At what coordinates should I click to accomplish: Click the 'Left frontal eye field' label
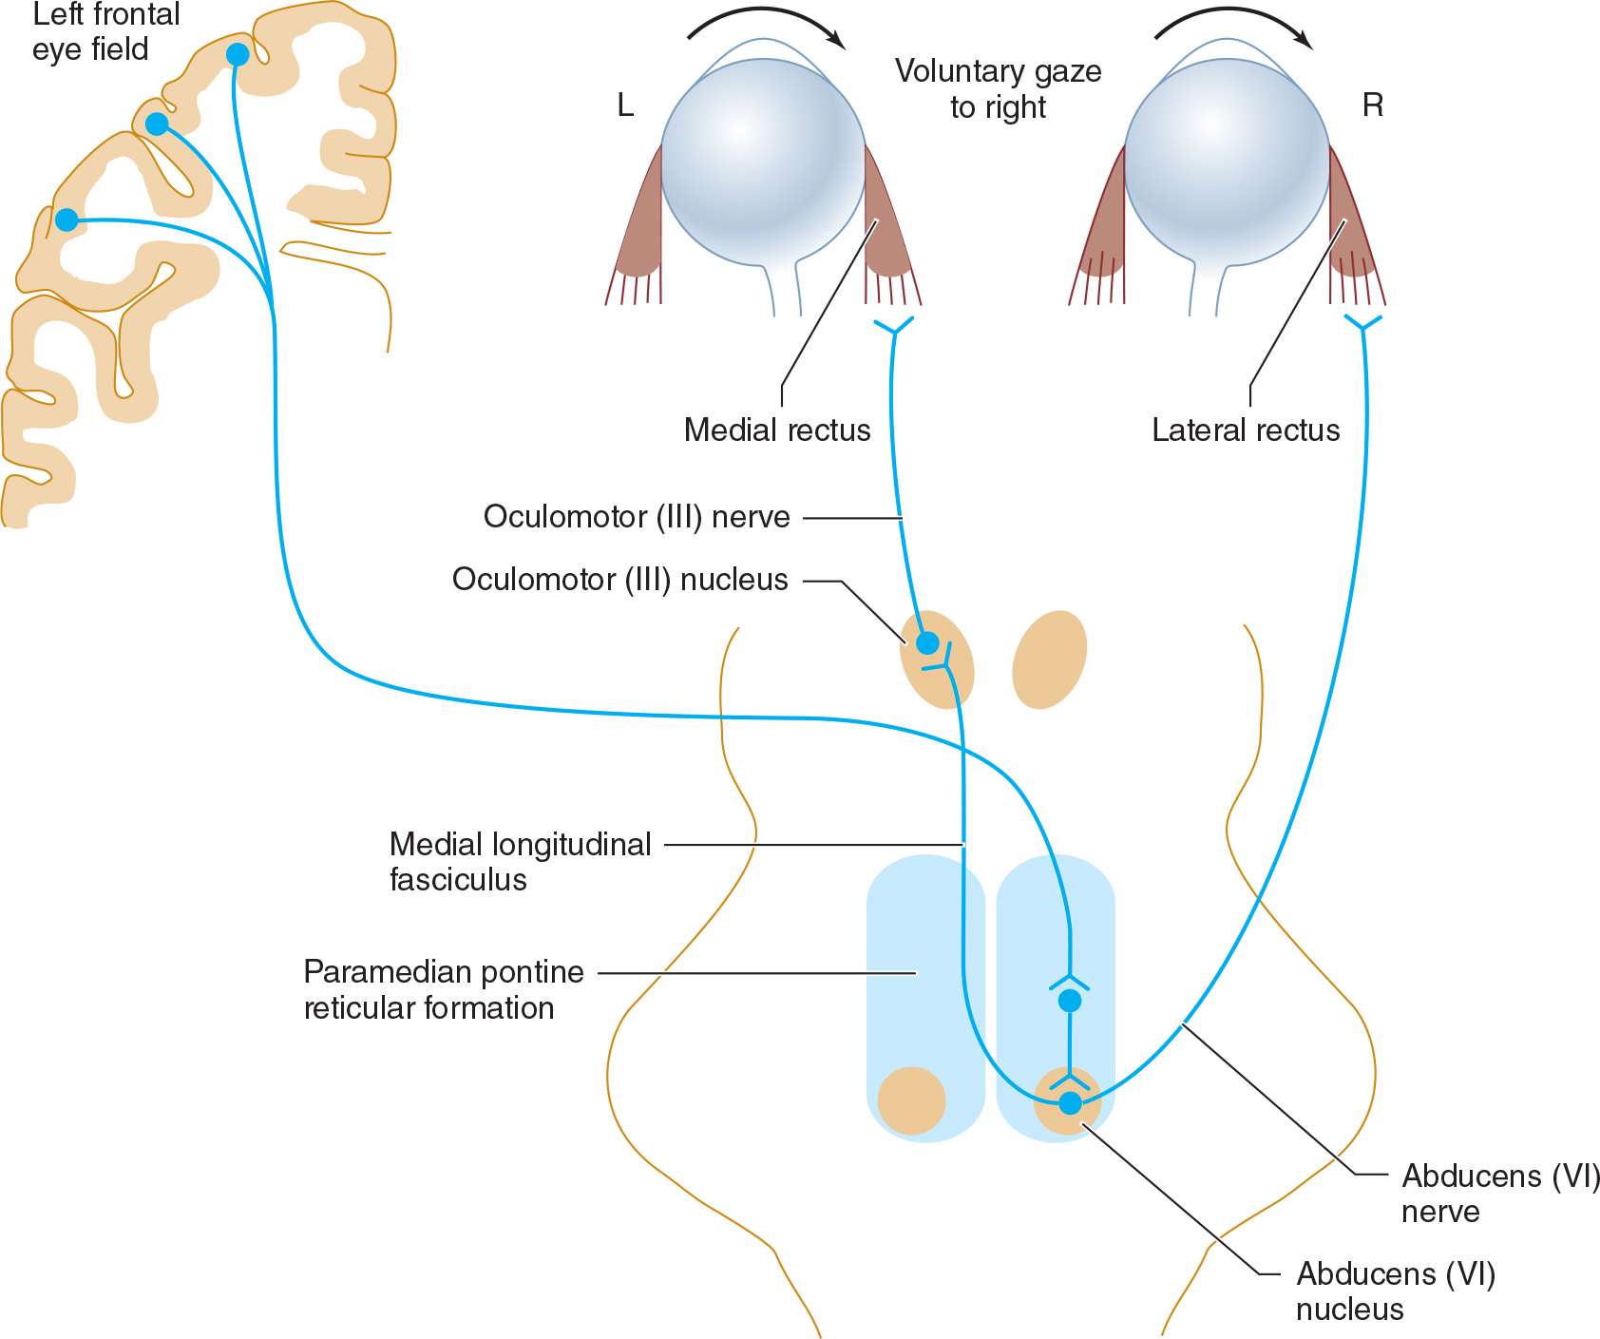click(105, 31)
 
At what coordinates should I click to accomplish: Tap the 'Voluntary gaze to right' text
click(998, 88)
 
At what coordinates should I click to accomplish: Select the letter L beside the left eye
click(625, 105)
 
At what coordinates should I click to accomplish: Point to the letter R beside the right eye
click(1372, 105)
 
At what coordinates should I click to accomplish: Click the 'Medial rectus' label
click(776, 430)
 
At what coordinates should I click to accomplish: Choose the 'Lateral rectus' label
click(1245, 430)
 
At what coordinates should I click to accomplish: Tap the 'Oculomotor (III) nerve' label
click(637, 517)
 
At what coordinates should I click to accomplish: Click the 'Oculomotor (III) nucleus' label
click(619, 580)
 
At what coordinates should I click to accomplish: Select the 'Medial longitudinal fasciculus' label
click(520, 861)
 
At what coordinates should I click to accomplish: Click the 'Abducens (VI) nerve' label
click(1500, 1194)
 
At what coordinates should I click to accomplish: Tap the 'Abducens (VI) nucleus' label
click(1396, 1291)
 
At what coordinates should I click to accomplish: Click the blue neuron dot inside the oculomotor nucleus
click(927, 642)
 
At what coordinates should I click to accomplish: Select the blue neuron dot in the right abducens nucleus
click(1070, 1103)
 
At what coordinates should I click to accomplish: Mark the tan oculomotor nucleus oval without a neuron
click(1049, 660)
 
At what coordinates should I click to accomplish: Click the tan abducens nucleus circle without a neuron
click(911, 1100)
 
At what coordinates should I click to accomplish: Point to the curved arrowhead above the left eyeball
click(836, 40)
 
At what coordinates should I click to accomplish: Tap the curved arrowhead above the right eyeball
click(1304, 40)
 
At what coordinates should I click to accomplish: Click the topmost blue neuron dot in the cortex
click(238, 55)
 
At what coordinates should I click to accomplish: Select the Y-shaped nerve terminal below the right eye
click(1363, 325)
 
